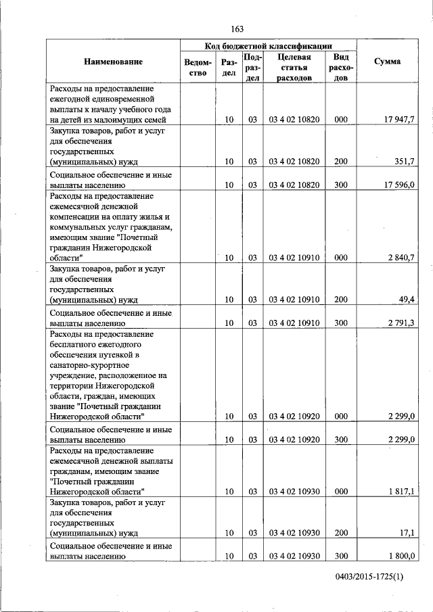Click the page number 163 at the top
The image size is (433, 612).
coord(237,28)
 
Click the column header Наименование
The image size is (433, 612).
coord(113,62)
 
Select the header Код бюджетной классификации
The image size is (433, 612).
coord(268,46)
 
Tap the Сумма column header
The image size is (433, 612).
coord(387,62)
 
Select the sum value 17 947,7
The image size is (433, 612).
coord(399,120)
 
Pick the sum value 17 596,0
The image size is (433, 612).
coord(399,184)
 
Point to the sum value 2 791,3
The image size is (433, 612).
coord(401,323)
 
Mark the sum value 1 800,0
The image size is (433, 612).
coord(401,556)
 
